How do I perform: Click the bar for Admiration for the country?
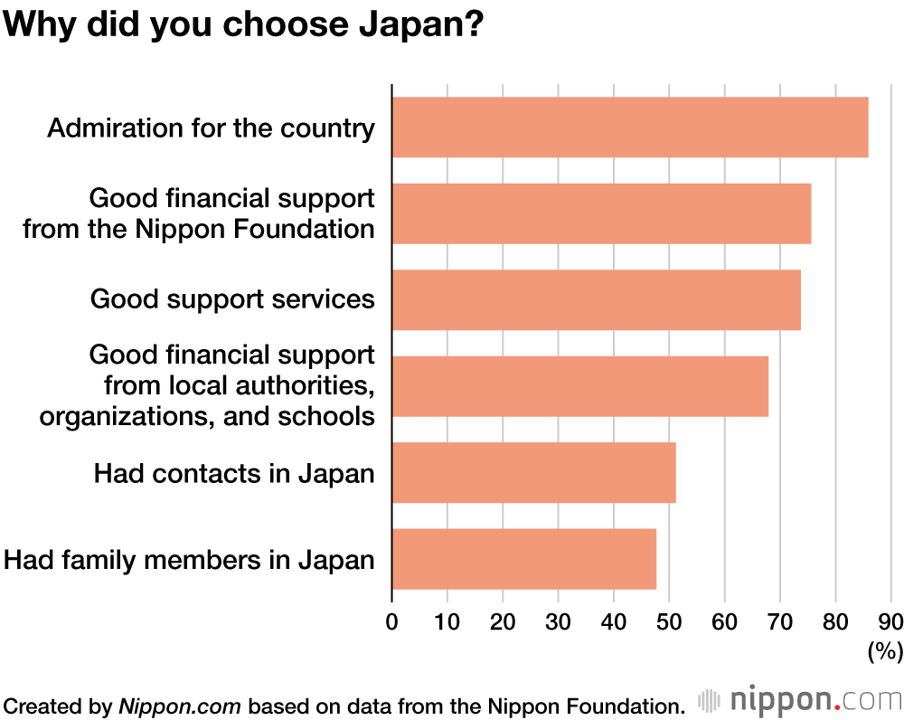pyautogui.click(x=629, y=128)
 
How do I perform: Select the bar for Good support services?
pyautogui.click(x=596, y=299)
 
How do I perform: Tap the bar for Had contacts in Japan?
pyautogui.click(x=533, y=472)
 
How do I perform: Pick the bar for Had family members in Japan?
pyautogui.click(x=523, y=559)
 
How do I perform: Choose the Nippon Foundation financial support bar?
pyautogui.click(x=601, y=213)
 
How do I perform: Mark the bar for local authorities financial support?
pyautogui.click(x=579, y=386)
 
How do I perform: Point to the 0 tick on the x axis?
pyautogui.click(x=391, y=622)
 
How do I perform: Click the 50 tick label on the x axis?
pyautogui.click(x=669, y=622)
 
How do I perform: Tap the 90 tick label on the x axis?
pyautogui.click(x=890, y=622)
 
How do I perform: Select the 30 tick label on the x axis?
pyautogui.click(x=558, y=622)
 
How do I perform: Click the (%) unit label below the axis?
pyautogui.click(x=885, y=650)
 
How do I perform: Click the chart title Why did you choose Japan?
pyautogui.click(x=244, y=24)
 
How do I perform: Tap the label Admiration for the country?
pyautogui.click(x=211, y=128)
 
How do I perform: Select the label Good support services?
pyautogui.click(x=232, y=298)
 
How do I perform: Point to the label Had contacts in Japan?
pyautogui.click(x=234, y=472)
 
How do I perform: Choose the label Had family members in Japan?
pyautogui.click(x=189, y=560)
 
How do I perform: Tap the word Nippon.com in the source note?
pyautogui.click(x=180, y=705)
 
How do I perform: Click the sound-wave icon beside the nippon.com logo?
pyautogui.click(x=709, y=700)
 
